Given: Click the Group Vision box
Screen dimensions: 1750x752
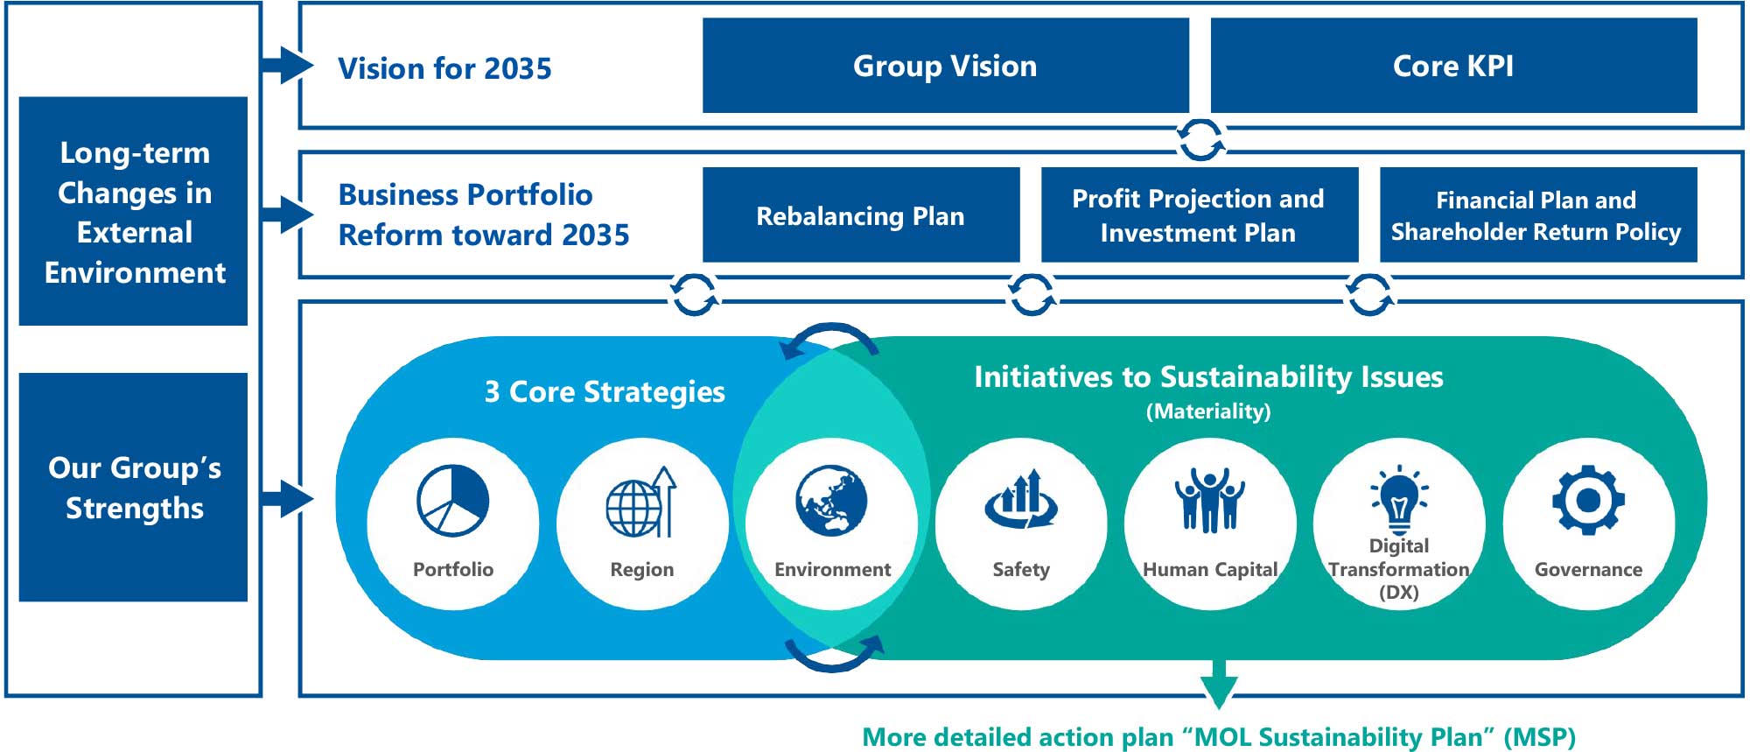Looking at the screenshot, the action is click(x=945, y=66).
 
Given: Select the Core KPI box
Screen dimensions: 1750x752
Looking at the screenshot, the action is click(x=1453, y=66).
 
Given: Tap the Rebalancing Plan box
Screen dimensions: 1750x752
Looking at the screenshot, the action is click(x=861, y=214).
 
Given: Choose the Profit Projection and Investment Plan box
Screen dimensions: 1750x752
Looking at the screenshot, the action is click(x=1199, y=214).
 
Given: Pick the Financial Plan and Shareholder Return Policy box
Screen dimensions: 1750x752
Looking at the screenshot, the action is click(x=1538, y=214).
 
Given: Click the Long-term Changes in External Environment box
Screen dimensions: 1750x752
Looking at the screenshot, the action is click(x=133, y=211).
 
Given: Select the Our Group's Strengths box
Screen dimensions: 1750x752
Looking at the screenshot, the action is click(x=133, y=488).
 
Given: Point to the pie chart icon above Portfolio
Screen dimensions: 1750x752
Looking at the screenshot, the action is click(x=452, y=501).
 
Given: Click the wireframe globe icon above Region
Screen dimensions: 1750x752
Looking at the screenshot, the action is click(x=641, y=502).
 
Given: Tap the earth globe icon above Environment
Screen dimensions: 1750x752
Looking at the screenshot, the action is click(x=831, y=500).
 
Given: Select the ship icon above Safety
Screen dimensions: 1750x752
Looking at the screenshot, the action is click(x=1021, y=499).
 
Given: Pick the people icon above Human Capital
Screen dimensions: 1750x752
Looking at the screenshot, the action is click(x=1210, y=500).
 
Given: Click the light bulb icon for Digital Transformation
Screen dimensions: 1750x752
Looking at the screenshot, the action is click(x=1399, y=499).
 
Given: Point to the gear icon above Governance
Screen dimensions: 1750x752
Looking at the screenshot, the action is click(x=1588, y=500).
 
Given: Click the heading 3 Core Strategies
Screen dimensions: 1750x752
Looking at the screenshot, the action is click(x=605, y=392).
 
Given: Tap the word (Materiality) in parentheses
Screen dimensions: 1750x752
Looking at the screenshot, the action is click(x=1208, y=411).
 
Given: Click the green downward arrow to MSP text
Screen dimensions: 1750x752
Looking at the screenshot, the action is click(x=1219, y=685).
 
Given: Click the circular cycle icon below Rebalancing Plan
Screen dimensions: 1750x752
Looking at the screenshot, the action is click(x=695, y=294).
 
